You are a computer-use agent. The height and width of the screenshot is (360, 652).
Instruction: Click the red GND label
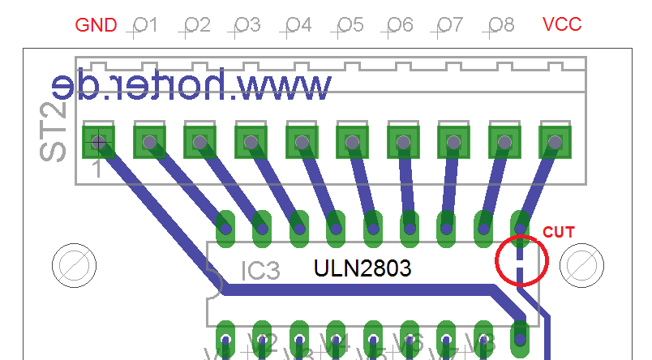coord(97,24)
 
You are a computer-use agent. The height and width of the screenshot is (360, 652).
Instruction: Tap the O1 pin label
coord(144,25)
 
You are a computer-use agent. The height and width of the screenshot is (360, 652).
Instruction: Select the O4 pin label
coord(298,25)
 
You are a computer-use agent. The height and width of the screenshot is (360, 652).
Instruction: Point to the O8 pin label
coord(501,25)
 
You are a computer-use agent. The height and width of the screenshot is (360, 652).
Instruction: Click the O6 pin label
coord(400,25)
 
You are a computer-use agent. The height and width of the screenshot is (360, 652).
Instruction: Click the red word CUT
coord(558,232)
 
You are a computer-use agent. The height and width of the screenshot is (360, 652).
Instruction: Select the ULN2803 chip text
coord(362,268)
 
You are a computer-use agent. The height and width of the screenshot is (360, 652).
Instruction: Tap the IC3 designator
coord(260,270)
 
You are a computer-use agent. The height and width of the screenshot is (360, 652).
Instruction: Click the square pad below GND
coord(99,142)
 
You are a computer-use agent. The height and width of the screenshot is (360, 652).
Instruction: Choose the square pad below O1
coord(149,142)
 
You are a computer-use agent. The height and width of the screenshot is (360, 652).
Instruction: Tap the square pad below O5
coord(353,142)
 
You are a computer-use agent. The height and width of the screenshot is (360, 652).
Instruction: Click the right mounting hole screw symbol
coord(583,264)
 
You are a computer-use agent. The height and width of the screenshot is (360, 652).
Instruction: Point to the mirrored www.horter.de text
coord(192,85)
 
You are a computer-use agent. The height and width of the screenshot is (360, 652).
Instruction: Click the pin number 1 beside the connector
coord(96,169)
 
